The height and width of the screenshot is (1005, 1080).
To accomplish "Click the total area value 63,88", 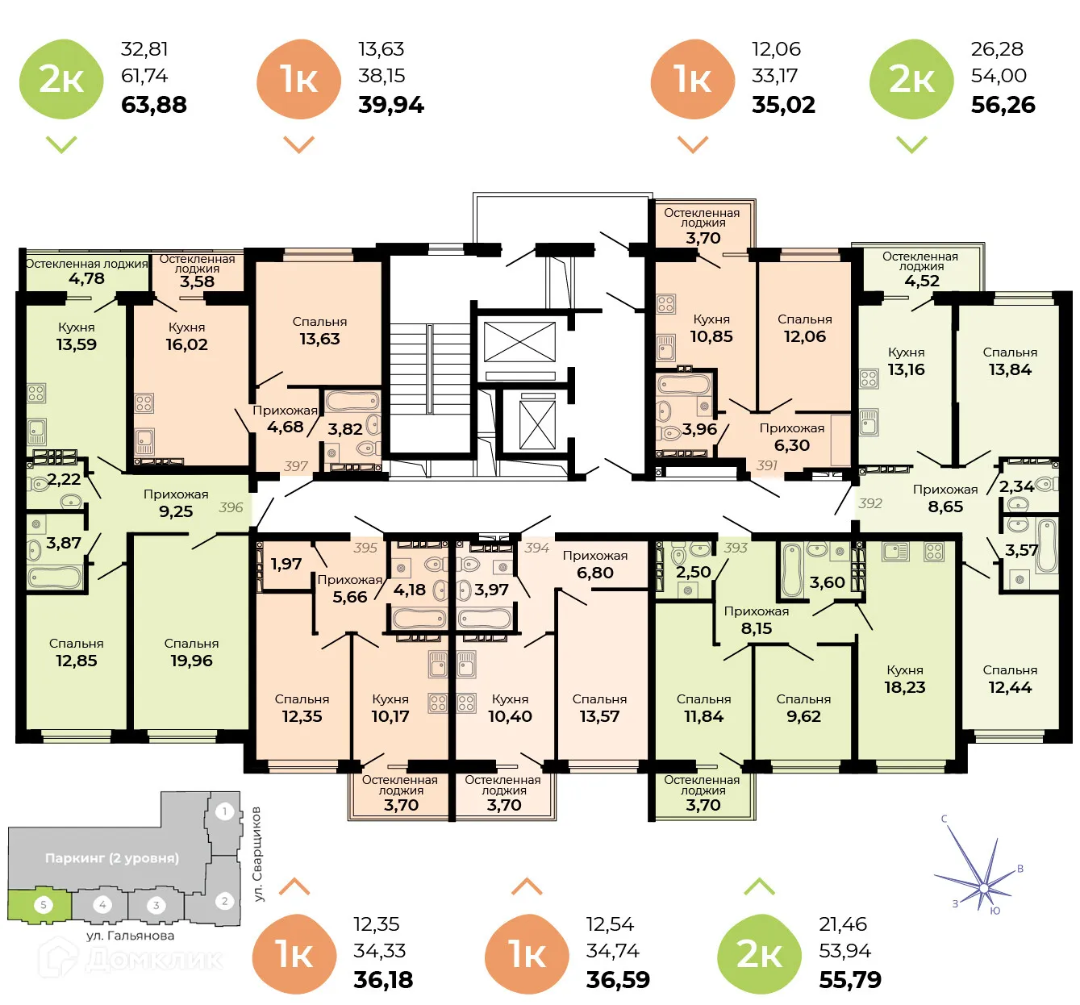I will tap(153, 105).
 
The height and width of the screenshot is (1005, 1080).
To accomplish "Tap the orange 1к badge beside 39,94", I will tap(298, 79).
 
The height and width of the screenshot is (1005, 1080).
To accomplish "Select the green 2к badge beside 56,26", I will tap(911, 79).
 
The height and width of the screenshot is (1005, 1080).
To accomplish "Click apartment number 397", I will tap(296, 466).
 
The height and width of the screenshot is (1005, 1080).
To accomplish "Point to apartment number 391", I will tap(767, 465).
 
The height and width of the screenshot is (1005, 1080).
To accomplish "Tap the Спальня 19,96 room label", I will tap(191, 653).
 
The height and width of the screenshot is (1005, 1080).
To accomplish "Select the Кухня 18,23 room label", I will tap(905, 679).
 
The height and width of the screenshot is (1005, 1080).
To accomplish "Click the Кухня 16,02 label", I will tap(186, 336).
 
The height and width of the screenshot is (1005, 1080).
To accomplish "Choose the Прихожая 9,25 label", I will tap(176, 503).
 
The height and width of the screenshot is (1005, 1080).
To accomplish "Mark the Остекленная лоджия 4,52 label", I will tap(921, 269).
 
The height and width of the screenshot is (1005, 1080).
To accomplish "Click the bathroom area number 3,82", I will tap(344, 429).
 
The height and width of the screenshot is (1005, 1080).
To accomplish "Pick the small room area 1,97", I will tap(286, 564).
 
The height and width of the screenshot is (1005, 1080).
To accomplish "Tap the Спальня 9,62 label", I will tap(803, 708).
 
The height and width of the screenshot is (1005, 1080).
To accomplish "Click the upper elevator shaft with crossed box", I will tap(519, 342).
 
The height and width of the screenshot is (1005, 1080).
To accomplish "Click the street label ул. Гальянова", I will tap(130, 936).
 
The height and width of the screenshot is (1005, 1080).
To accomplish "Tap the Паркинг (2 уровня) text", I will tap(112, 858).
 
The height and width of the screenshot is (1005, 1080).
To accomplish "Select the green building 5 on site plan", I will tap(42, 905).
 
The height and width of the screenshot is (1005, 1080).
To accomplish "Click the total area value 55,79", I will tap(850, 980).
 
